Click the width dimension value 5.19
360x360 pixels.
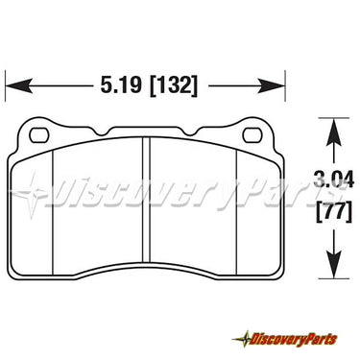tap(121, 85)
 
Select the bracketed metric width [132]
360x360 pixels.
tap(174, 85)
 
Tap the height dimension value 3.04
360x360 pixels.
tap(334, 180)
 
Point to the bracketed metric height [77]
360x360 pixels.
tap(334, 211)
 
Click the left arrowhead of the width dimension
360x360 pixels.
tap(19, 85)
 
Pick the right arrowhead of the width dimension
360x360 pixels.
tap(272, 85)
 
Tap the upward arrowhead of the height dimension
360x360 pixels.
tap(334, 132)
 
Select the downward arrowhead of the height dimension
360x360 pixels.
tap(334, 264)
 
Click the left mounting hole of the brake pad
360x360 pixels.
tap(39, 135)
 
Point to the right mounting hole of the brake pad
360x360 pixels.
tap(252, 135)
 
